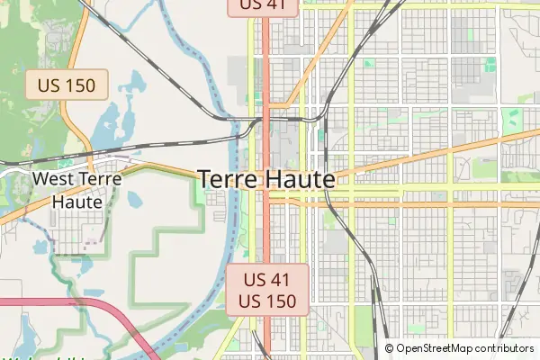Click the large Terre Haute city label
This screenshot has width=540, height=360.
pyautogui.click(x=265, y=179)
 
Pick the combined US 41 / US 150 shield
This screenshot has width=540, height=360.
pyautogui.click(x=266, y=290)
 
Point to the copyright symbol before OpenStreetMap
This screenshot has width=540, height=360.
pyautogui.click(x=390, y=348)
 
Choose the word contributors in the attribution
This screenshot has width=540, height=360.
pyautogui.click(x=500, y=348)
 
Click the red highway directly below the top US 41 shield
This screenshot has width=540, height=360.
pyautogui.click(x=266, y=54)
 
